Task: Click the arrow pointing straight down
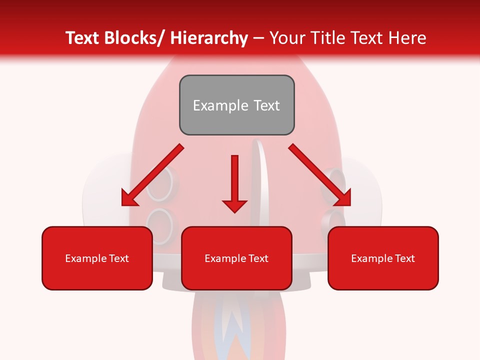(x=234, y=180)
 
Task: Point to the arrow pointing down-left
(x=152, y=175)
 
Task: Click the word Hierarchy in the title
(x=209, y=38)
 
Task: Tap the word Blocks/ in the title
(x=136, y=38)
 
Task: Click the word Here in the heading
(x=407, y=38)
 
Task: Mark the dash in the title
(x=258, y=38)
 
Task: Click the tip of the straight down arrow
(x=234, y=211)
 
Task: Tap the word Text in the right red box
(x=404, y=258)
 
